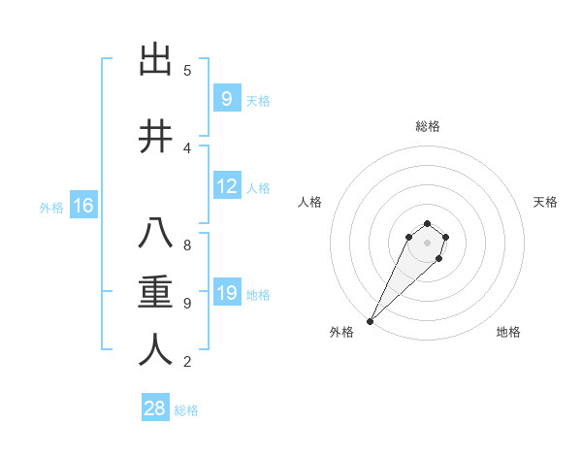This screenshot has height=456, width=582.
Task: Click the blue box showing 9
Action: [226, 99]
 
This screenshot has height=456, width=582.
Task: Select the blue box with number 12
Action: [227, 187]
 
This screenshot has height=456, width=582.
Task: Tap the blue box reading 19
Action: [227, 293]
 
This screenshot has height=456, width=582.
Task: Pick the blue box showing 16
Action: [82, 206]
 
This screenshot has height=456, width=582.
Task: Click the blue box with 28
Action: [154, 408]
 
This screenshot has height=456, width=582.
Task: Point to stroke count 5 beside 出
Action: [187, 71]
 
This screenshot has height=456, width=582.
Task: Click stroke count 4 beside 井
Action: [187, 147]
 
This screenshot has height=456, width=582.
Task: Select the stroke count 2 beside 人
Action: [187, 362]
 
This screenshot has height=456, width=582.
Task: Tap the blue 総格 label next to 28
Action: [186, 410]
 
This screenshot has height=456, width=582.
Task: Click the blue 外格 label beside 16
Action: [50, 207]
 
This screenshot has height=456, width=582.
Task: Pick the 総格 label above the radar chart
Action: [427, 126]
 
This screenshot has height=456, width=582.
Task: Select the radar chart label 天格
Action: [545, 202]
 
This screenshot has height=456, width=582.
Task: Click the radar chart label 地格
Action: [508, 333]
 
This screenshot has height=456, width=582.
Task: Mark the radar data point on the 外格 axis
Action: [370, 321]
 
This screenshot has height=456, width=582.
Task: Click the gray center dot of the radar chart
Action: [427, 243]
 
